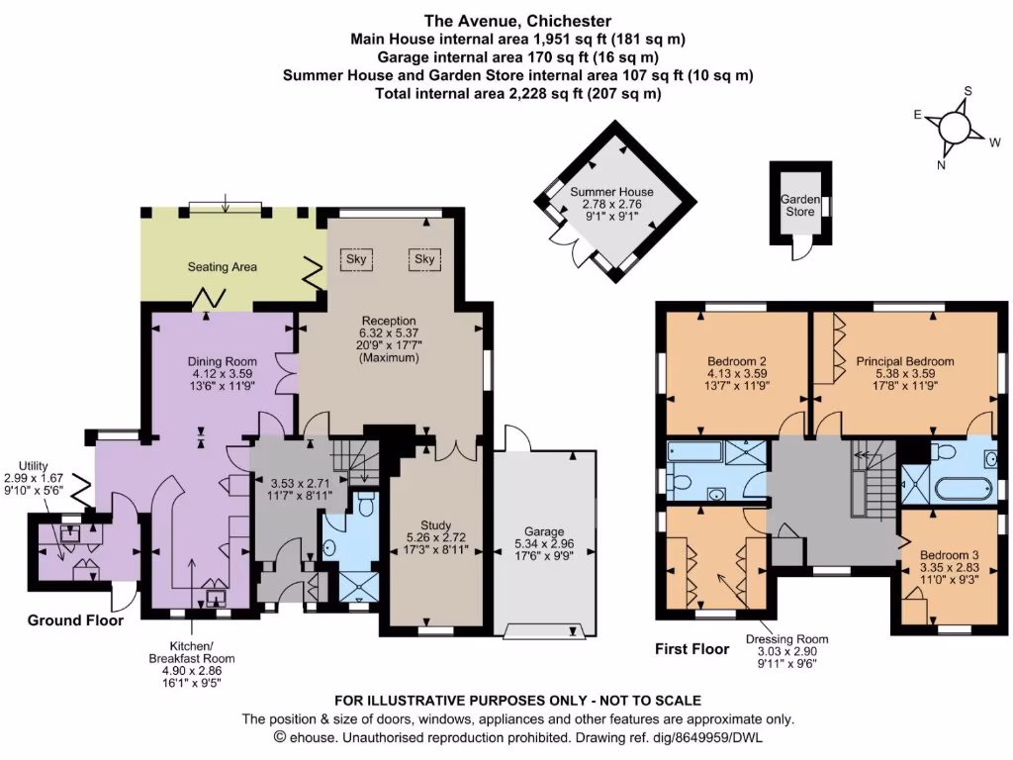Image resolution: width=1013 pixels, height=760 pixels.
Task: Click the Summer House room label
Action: [x=611, y=192]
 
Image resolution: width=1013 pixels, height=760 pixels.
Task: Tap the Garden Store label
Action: [x=799, y=206]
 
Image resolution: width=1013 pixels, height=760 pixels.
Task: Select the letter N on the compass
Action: [x=942, y=165]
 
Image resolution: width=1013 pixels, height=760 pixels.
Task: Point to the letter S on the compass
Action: [x=967, y=91]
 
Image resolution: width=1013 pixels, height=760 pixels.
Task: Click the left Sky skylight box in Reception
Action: [x=356, y=259]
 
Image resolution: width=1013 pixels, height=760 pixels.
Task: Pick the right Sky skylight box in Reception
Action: [x=424, y=259]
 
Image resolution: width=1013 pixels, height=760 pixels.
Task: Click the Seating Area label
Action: [x=223, y=267]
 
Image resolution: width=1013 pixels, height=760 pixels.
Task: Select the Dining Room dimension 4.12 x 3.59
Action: [x=223, y=373]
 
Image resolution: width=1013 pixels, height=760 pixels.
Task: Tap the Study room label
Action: [x=435, y=525]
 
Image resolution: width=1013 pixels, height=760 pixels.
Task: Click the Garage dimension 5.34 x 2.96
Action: [x=544, y=543]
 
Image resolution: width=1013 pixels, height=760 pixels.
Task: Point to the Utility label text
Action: [x=33, y=466]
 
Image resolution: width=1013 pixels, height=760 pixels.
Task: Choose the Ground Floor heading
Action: [x=75, y=620]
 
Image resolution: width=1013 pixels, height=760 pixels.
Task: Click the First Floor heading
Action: [x=691, y=649]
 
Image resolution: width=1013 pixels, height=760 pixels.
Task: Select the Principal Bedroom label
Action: [x=905, y=361]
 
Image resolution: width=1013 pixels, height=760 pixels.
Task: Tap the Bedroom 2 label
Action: [x=736, y=361]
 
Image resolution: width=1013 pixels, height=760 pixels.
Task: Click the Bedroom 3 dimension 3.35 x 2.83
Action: [x=949, y=567]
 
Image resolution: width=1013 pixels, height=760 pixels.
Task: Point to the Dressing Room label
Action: [x=786, y=639]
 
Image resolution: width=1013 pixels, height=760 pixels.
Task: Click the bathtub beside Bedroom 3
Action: [x=964, y=490]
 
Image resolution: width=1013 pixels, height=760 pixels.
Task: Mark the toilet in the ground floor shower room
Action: [x=366, y=504]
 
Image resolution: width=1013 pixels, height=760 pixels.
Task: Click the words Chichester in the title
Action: [x=569, y=21]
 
